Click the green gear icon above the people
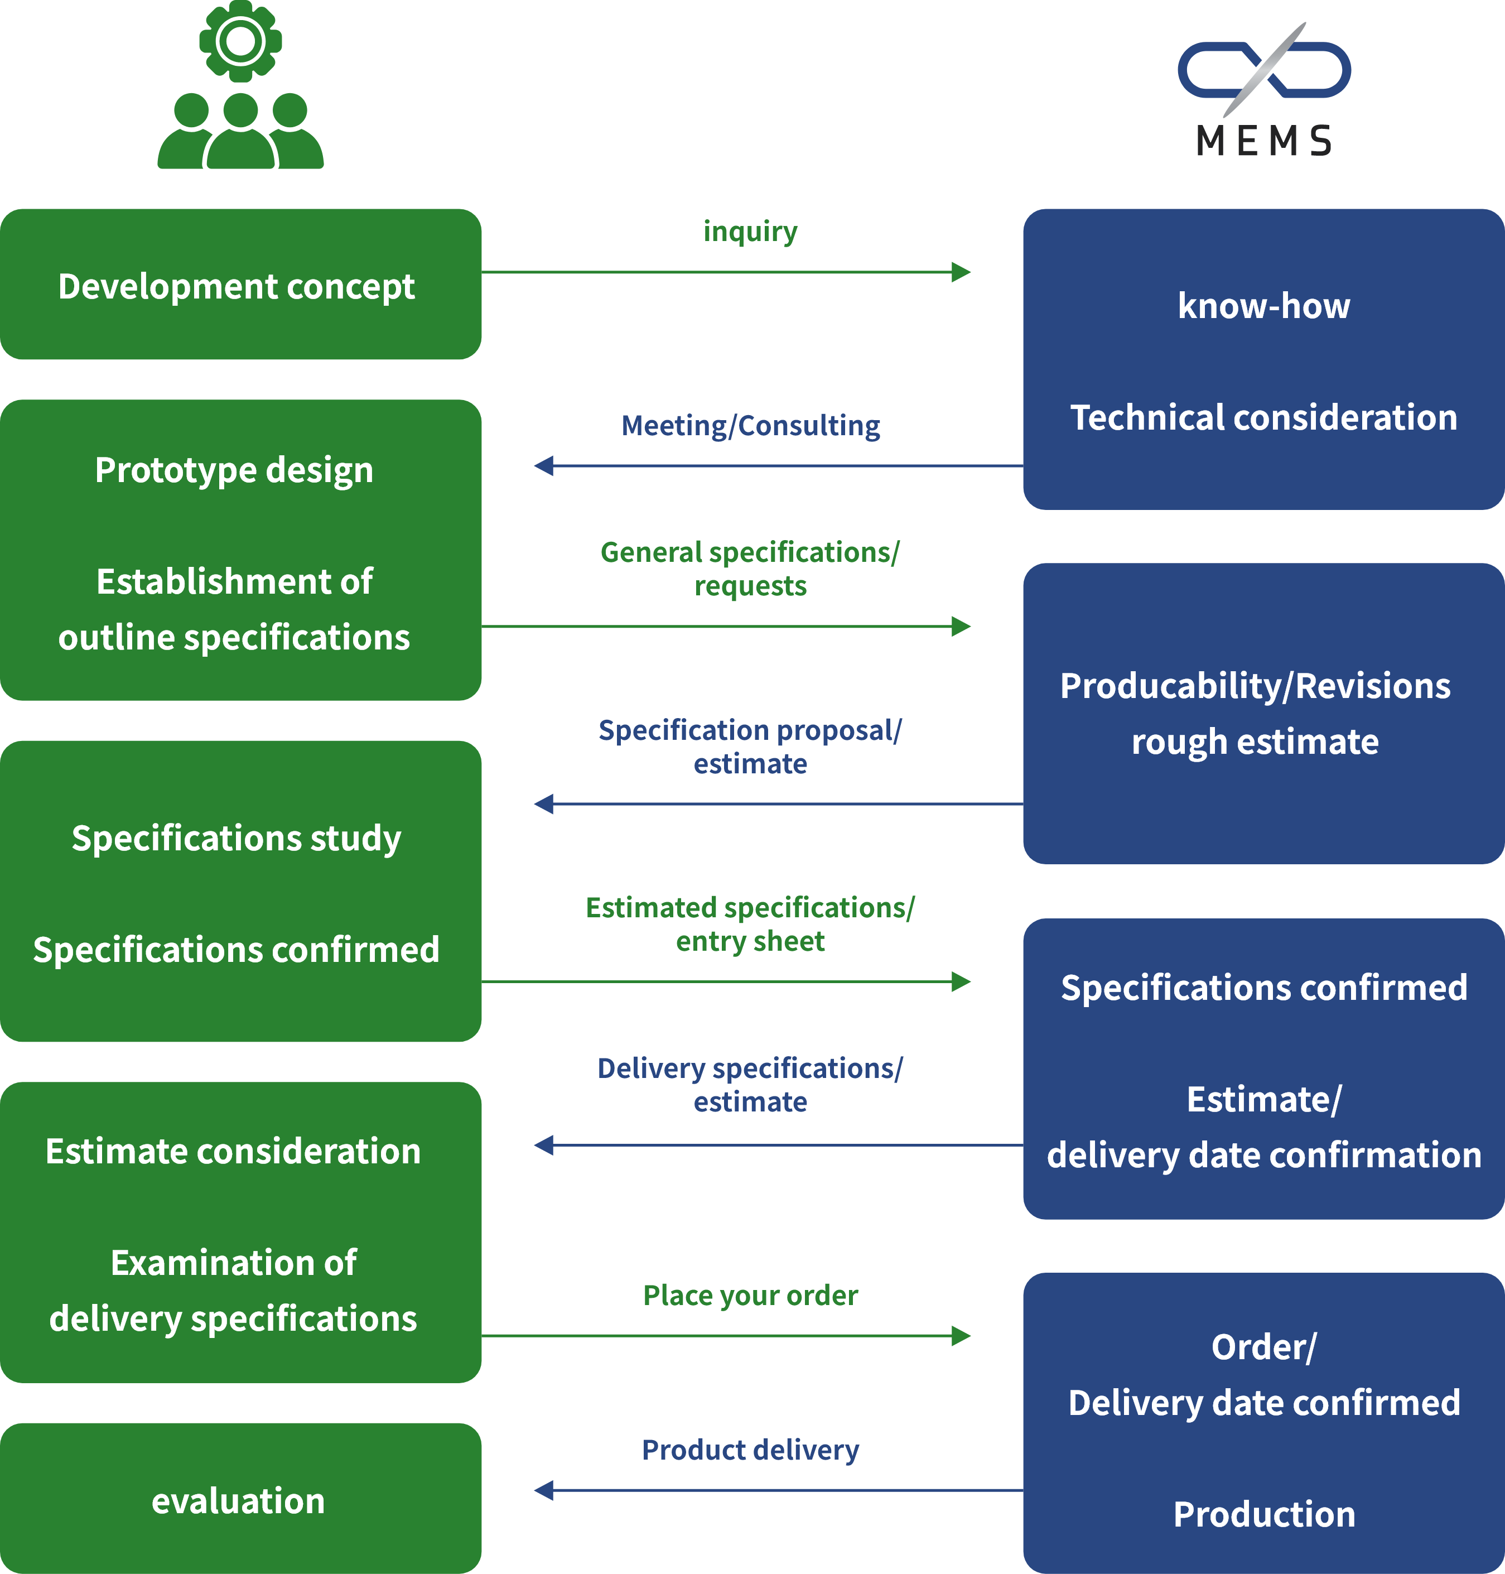[240, 40]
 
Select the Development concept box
[240, 285]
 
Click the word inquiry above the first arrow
[750, 231]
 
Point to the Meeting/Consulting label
[750, 425]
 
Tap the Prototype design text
[234, 470]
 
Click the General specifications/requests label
[750, 568]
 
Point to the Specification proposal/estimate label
[750, 746]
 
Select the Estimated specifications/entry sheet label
[750, 923]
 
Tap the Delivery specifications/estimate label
[750, 1085]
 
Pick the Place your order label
[750, 1295]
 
